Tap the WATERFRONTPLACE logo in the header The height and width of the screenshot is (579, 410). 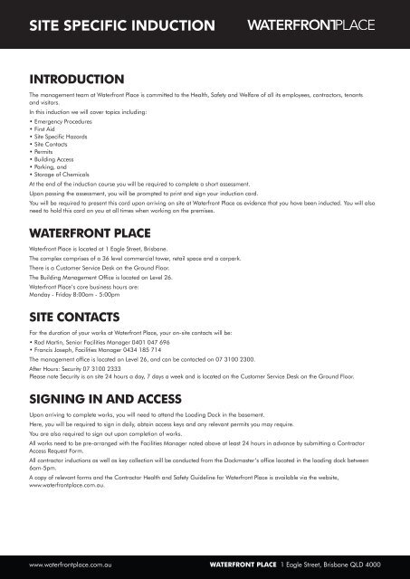pos(314,24)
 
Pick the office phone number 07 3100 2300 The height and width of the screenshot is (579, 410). pos(239,359)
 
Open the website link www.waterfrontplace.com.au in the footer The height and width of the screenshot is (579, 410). pos(72,565)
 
